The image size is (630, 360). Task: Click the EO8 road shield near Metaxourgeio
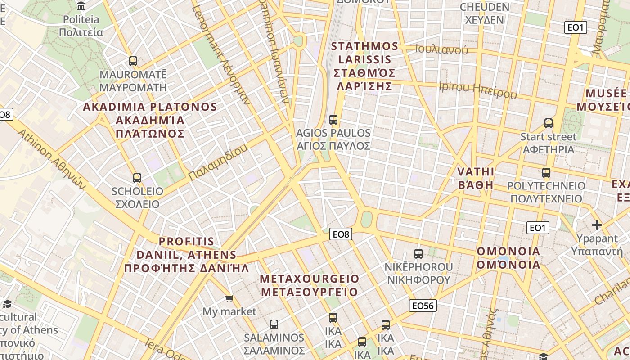[341, 234]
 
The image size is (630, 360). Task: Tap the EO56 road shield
[423, 306]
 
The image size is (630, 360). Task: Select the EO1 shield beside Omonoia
[537, 228]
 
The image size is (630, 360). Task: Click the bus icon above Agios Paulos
[333, 119]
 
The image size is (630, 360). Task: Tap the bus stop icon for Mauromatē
[133, 61]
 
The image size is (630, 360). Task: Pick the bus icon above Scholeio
[137, 178]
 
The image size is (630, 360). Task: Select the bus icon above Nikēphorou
[418, 253]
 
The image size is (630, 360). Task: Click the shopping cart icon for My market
[229, 298]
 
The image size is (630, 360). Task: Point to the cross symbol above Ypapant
[597, 225]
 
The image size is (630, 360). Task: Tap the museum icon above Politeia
[81, 6]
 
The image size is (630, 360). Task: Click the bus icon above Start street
[548, 123]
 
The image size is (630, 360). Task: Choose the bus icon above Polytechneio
[546, 172]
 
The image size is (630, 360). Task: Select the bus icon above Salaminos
[274, 324]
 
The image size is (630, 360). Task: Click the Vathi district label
[476, 178]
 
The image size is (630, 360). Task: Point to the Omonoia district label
[508, 257]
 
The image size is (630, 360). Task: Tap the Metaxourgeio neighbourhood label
[310, 285]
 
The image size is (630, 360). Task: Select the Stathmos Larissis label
[365, 66]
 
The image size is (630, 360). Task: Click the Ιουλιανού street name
[441, 49]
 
